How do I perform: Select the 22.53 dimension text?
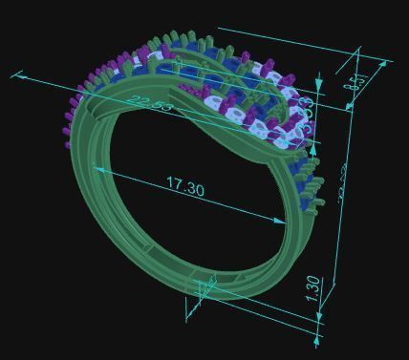[151, 104]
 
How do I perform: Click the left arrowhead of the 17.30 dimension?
[96, 167]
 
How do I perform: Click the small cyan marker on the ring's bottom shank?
[204, 287]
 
